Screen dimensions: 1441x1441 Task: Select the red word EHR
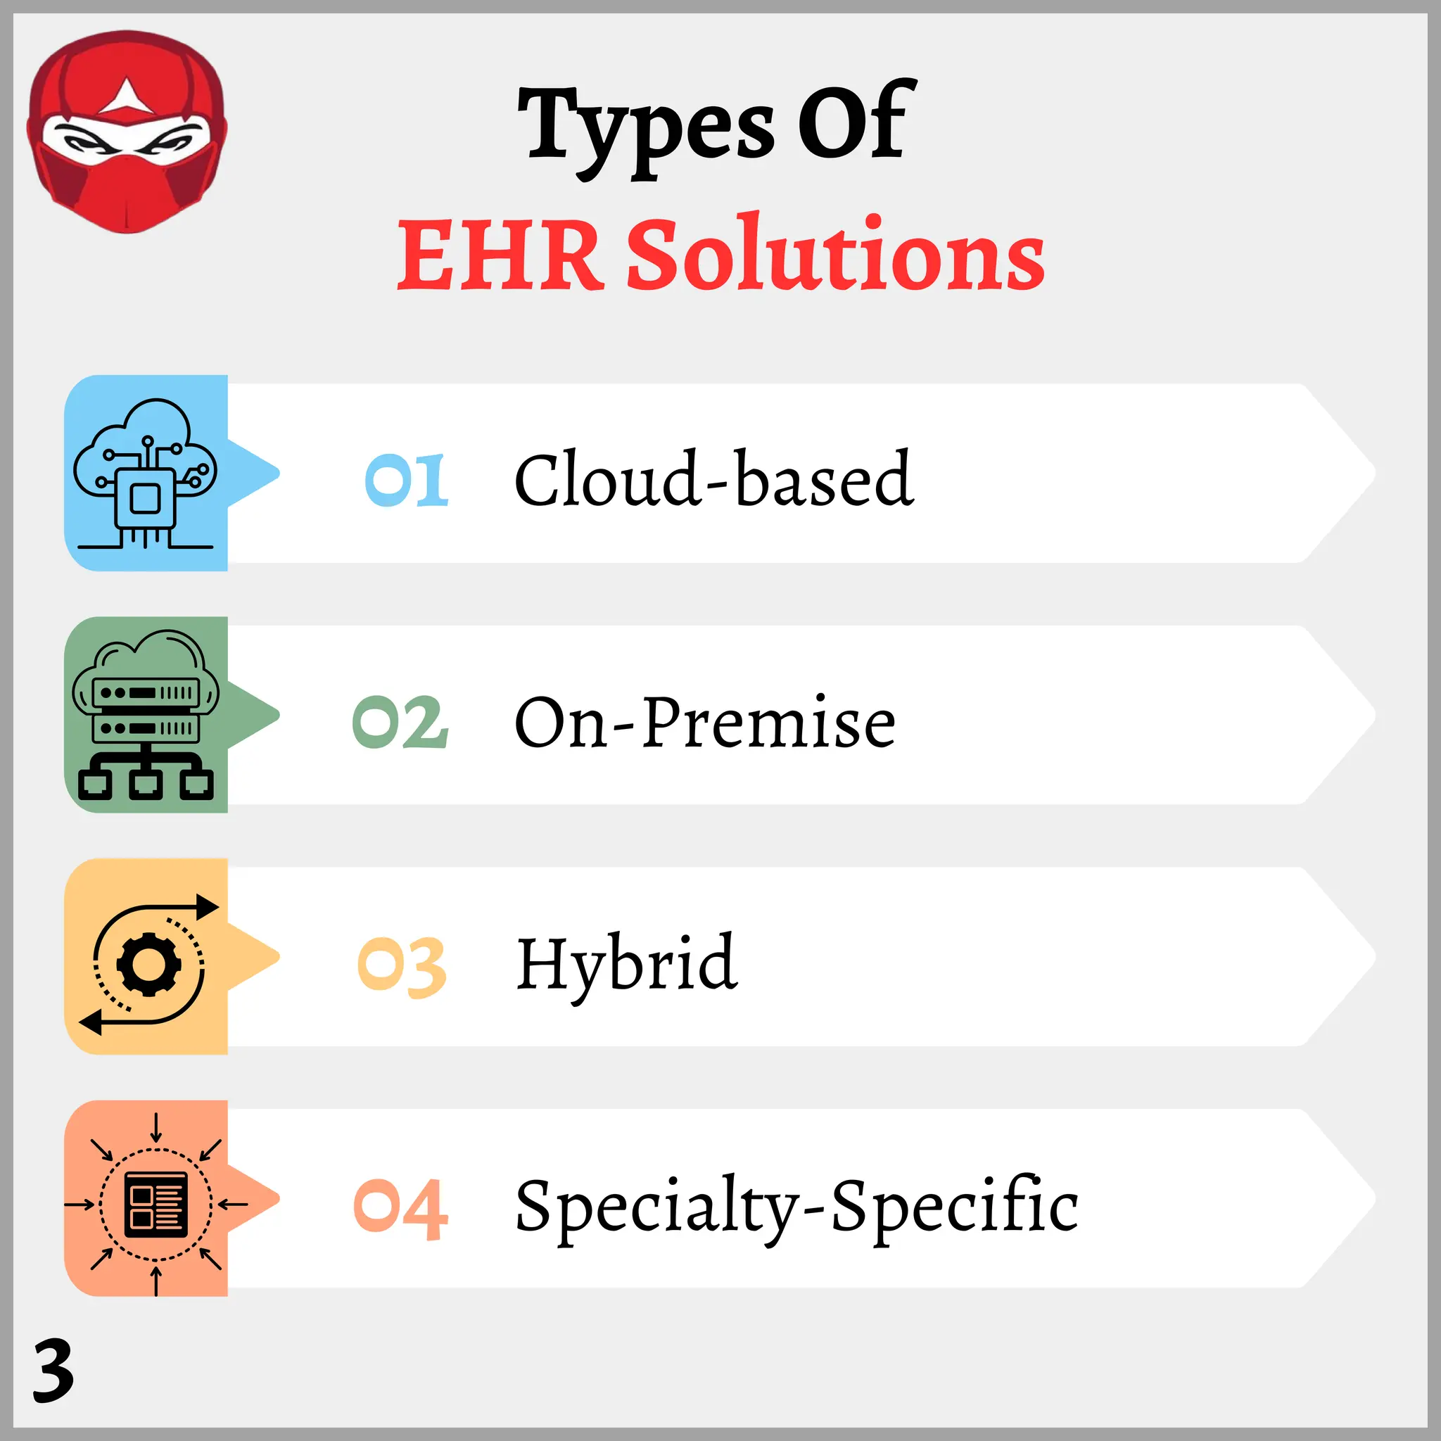click(x=499, y=255)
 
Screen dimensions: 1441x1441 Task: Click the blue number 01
click(x=407, y=481)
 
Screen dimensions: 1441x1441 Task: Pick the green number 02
click(x=400, y=722)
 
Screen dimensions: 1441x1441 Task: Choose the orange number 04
click(x=400, y=1209)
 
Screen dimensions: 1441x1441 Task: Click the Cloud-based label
click(x=713, y=479)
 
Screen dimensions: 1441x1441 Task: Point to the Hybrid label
click(x=627, y=965)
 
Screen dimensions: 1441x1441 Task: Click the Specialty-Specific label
click(x=796, y=1206)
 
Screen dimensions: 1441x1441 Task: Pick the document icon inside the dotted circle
click(x=155, y=1205)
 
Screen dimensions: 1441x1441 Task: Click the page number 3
click(x=53, y=1370)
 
